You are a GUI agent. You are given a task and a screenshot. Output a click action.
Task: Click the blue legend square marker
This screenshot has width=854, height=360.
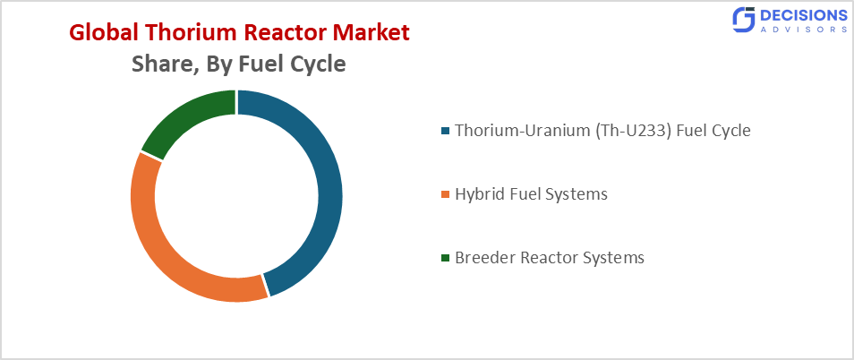coord(446,132)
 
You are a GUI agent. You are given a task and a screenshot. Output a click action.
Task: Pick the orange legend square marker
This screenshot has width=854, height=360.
coord(446,195)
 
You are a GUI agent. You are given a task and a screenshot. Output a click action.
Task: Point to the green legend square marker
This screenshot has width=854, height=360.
coord(446,259)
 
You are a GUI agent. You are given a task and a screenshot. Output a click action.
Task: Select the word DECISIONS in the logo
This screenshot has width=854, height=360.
coord(803,14)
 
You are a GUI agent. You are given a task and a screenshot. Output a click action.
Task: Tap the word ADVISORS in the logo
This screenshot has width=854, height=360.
coord(803,30)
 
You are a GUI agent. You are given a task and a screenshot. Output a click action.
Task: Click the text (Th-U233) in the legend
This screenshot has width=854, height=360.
coord(631,131)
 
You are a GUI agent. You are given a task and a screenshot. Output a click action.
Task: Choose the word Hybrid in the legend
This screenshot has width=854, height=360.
coord(480,194)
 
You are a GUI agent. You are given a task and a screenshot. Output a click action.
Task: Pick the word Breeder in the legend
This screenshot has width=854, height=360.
coord(484,258)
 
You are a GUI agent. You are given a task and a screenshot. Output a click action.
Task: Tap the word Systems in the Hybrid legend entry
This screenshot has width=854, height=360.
coord(576,194)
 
